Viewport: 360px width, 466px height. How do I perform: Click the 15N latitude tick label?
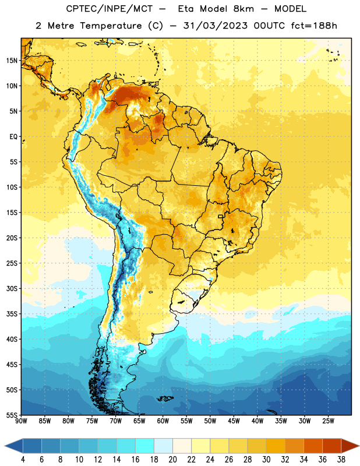click(x=12, y=61)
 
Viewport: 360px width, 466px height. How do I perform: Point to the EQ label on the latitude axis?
click(x=13, y=137)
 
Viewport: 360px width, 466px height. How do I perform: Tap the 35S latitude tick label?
click(x=12, y=314)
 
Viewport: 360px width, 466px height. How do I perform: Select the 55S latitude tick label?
click(x=12, y=415)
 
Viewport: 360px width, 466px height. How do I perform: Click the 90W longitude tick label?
click(x=21, y=421)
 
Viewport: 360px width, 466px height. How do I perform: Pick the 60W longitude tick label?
click(x=163, y=421)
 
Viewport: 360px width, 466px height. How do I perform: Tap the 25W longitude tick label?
click(x=328, y=421)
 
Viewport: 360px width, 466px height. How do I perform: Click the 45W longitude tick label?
click(x=234, y=421)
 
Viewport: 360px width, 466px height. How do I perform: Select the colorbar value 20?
click(x=172, y=460)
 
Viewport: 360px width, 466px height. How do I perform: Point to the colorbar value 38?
click(x=341, y=460)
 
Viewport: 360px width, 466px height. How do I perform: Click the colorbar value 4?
click(x=23, y=460)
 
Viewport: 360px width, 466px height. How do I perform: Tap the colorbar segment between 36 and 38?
click(x=332, y=446)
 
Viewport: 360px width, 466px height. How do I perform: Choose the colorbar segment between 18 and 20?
click(x=163, y=446)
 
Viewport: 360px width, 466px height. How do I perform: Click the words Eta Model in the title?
click(x=203, y=9)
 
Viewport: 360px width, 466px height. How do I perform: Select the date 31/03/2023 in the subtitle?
click(x=215, y=26)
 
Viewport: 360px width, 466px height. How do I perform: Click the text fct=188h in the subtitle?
click(x=314, y=26)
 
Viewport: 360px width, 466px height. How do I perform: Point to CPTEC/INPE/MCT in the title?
click(x=110, y=9)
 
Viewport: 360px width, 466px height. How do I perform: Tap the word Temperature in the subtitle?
click(x=111, y=26)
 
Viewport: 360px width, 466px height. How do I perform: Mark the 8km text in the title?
click(x=243, y=9)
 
